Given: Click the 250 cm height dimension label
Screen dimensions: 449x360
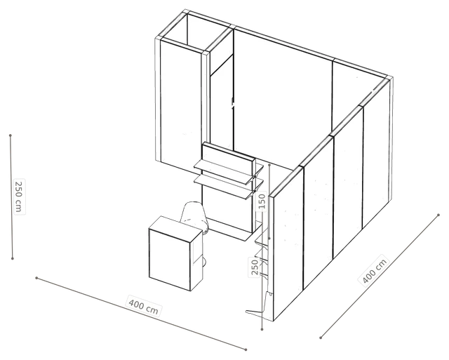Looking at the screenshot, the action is pos(18,196).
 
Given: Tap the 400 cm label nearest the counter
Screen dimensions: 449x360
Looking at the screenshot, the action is pos(143,307).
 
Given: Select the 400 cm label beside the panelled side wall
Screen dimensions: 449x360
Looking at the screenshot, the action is pos(374,270).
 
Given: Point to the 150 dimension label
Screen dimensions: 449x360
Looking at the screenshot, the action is pos(262,201).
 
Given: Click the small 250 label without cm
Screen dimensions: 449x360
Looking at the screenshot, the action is pos(254,267).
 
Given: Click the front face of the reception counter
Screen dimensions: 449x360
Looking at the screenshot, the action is pos(170,260).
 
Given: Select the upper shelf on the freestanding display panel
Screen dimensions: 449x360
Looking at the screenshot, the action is pos(228,168).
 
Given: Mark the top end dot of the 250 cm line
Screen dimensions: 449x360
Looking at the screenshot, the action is pos(11,135).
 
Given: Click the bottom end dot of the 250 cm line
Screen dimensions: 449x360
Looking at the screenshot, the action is pos(13,259).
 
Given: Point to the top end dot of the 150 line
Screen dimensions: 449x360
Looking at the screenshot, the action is pos(269,165).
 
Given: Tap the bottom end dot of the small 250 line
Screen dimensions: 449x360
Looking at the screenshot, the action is pos(262,330).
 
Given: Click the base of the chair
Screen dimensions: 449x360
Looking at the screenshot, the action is pos(204,260).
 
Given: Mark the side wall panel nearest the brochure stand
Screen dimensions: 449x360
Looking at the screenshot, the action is pos(288,244).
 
